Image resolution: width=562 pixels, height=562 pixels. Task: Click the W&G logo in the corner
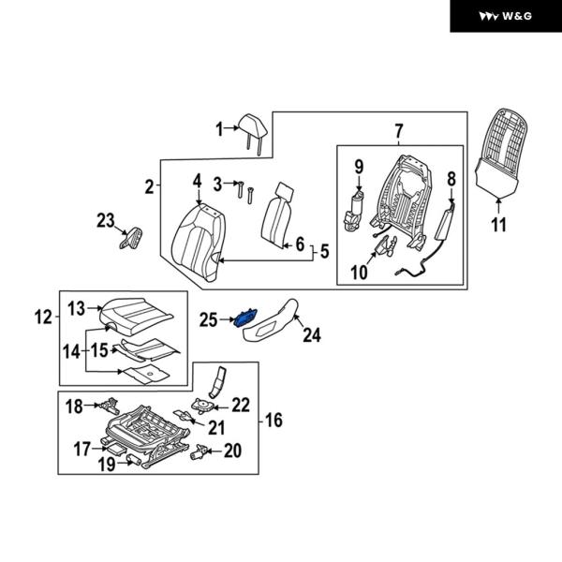[506, 16]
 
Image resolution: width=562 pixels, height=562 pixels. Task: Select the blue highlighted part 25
[245, 318]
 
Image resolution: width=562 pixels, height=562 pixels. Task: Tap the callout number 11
[498, 225]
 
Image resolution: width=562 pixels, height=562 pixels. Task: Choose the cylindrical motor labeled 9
[356, 208]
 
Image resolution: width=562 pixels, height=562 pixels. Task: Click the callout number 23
[106, 220]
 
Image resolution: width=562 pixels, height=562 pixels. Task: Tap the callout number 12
[42, 317]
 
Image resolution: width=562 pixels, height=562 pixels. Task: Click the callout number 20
[231, 451]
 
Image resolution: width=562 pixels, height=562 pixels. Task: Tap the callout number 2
[149, 186]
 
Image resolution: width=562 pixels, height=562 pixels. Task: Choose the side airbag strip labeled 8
[445, 225]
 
